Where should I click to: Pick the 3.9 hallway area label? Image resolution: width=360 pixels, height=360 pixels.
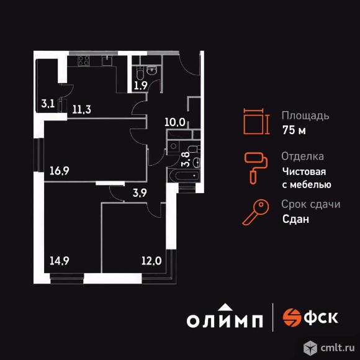point(140,193)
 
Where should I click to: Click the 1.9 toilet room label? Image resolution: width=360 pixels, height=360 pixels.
point(140,86)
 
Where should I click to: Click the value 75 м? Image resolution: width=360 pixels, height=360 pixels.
point(294,130)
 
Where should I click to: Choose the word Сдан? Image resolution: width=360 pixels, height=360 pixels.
point(295,219)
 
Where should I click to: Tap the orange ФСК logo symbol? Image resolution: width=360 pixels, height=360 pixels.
point(291,317)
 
